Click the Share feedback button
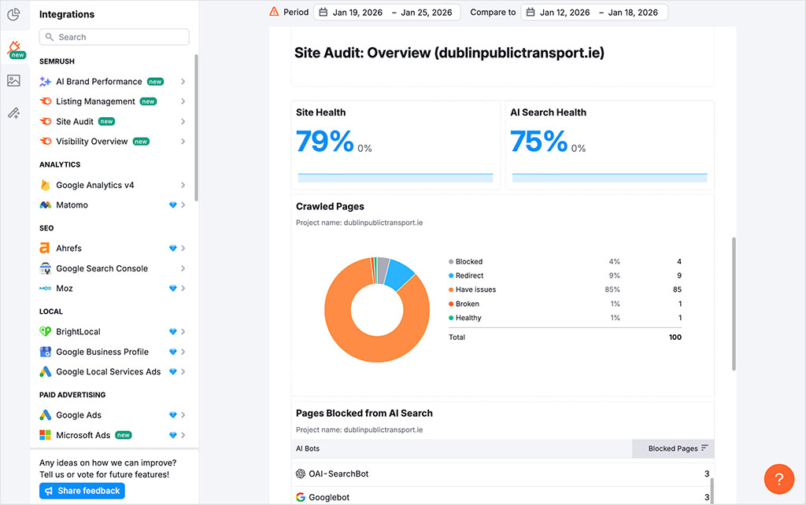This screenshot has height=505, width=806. pos(82,491)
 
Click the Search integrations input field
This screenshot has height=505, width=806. pos(114,37)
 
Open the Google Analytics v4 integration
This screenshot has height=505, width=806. pos(94,185)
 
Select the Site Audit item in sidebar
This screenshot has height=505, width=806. pos(75,121)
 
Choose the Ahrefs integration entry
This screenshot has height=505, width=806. pos(68,248)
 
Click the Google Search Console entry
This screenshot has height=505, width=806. pos(102,268)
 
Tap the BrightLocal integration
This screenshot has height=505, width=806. pos(78,332)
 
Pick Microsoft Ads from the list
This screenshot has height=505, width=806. pos(83,435)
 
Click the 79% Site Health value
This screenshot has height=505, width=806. pos(324,142)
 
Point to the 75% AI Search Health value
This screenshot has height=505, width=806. pos(538,142)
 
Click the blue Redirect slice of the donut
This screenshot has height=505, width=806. pos(401,272)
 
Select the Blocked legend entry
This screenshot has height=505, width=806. pos(468,261)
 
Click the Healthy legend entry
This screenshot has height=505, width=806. pos(468,318)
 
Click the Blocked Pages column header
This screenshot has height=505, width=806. pos(673,448)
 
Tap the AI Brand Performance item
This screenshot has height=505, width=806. pos(98,82)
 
